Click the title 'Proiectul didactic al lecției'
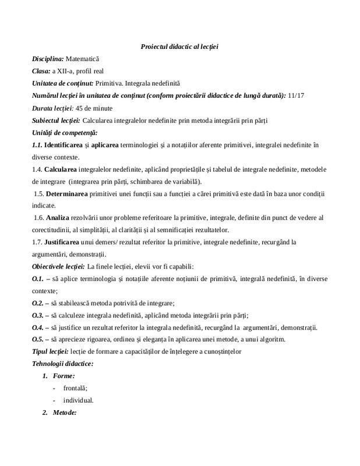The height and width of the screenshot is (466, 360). pos(179,46)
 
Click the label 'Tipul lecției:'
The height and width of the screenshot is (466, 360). pos(50,352)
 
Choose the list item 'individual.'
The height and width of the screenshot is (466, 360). pos(78,401)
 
